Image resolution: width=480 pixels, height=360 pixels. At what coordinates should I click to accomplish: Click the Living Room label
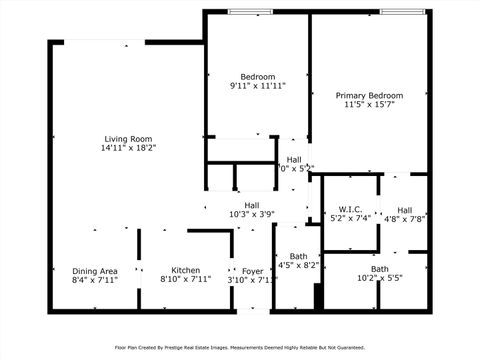(x=129, y=138)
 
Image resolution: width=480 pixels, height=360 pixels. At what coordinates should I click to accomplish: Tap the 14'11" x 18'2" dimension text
(x=129, y=148)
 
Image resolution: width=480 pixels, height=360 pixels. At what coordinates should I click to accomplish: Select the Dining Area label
(x=95, y=270)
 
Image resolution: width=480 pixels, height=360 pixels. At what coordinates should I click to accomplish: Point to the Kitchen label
(x=185, y=270)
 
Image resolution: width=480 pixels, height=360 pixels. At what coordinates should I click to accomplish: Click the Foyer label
(x=253, y=270)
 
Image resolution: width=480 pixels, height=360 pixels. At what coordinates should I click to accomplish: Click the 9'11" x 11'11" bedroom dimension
(x=257, y=87)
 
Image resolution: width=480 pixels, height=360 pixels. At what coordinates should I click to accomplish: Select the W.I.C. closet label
(x=350, y=208)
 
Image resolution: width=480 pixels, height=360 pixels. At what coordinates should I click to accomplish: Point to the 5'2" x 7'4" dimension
(x=350, y=217)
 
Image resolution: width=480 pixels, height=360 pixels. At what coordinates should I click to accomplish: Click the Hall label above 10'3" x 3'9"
(x=252, y=205)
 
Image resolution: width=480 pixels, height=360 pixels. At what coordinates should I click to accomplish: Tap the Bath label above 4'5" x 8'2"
(x=297, y=256)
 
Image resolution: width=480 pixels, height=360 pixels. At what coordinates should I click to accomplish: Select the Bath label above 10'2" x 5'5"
(x=380, y=269)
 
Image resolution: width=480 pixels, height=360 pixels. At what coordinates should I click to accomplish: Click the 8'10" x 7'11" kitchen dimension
(x=185, y=280)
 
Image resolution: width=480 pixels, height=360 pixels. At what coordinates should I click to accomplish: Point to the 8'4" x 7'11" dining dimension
(x=95, y=280)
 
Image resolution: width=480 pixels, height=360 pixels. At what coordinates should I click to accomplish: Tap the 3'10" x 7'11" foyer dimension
(x=253, y=280)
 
